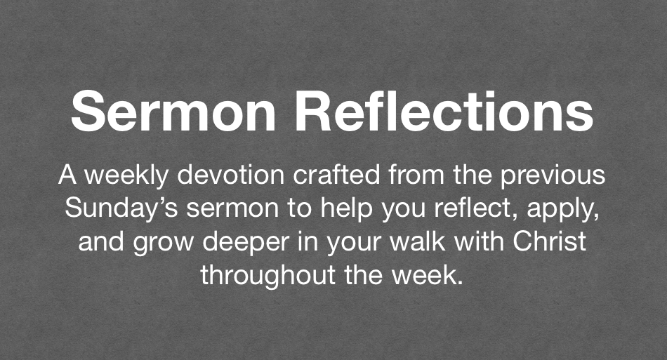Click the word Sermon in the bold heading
point(173,112)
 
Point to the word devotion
point(231,175)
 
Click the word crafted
point(336,175)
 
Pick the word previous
point(553,176)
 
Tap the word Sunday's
point(121,209)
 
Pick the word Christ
point(549,241)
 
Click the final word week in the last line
point(423,274)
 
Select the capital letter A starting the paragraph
point(67,175)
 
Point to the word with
point(479,241)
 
